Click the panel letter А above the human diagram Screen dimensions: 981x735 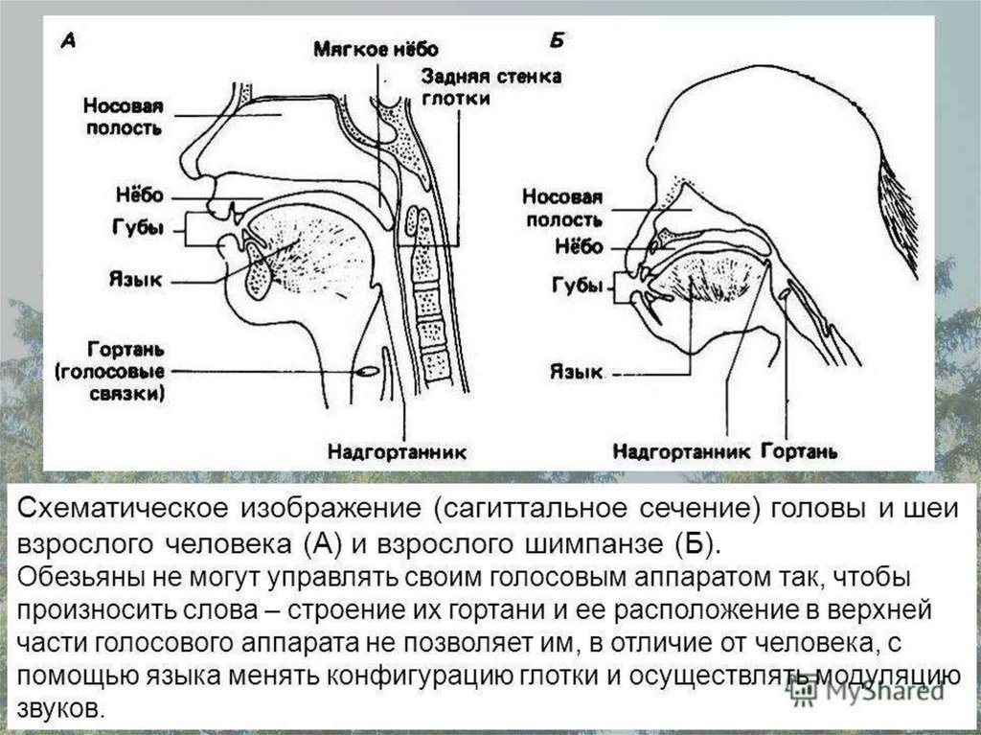pos(70,41)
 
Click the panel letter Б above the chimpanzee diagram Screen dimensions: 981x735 pos(558,40)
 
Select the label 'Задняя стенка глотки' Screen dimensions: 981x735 pos(490,87)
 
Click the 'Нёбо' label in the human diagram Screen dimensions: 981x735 pos(138,195)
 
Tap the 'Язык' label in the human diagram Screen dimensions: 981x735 pos(136,279)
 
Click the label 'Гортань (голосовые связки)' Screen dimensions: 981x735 pos(125,369)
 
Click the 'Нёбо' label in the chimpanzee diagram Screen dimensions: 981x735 pos(579,246)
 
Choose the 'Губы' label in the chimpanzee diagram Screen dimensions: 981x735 pos(578,287)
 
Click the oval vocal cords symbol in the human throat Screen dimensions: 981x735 pos(368,369)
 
